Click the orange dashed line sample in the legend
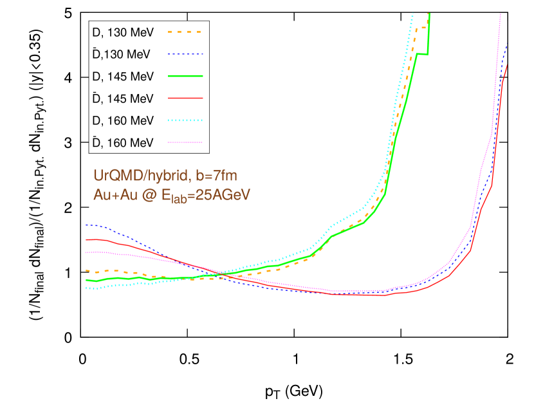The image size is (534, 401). pyautogui.click(x=185, y=32)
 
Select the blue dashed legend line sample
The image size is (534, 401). pyautogui.click(x=185, y=54)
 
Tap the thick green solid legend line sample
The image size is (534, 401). pyautogui.click(x=185, y=76)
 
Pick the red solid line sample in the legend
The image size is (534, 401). pyautogui.click(x=185, y=98)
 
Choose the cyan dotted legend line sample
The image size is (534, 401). pyautogui.click(x=185, y=120)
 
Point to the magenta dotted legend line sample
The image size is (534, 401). pyautogui.click(x=185, y=142)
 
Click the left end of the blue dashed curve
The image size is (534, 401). pyautogui.click(x=86, y=225)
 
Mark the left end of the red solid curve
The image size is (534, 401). pyautogui.click(x=86, y=239)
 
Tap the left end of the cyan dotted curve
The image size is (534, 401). pyautogui.click(x=86, y=288)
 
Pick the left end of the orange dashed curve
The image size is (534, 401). pyautogui.click(x=86, y=271)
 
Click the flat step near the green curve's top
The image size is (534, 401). pyautogui.click(x=423, y=54)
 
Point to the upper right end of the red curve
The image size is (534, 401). pyautogui.click(x=508, y=65)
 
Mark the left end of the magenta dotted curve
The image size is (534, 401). pyautogui.click(x=86, y=253)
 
